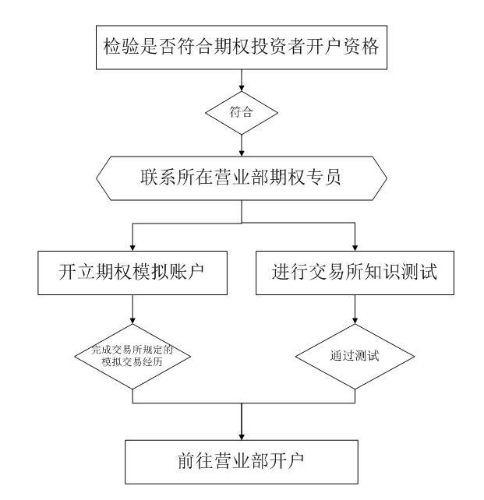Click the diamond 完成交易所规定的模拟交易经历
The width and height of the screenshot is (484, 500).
pyautogui.click(x=133, y=355)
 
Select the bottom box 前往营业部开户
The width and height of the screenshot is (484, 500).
pyautogui.click(x=242, y=461)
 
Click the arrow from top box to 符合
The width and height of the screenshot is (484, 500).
pyautogui.click(x=241, y=79)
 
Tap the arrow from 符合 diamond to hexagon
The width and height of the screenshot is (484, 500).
pyautogui.click(x=241, y=144)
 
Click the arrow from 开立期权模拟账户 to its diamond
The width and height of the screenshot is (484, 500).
pyautogui.click(x=133, y=312)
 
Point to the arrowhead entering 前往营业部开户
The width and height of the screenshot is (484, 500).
pyautogui.click(x=242, y=435)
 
